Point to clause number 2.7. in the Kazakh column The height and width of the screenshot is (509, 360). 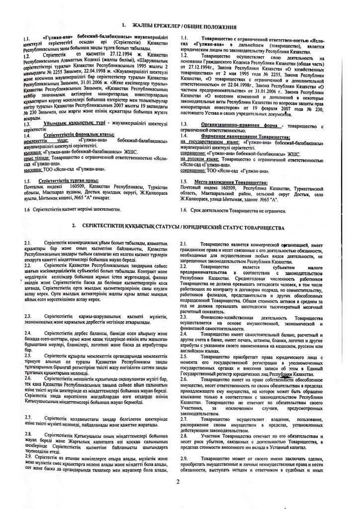tap(28, 416)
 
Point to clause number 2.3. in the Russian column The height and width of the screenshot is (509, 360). tap(184, 317)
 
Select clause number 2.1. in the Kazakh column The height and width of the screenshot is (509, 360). tap(28, 242)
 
